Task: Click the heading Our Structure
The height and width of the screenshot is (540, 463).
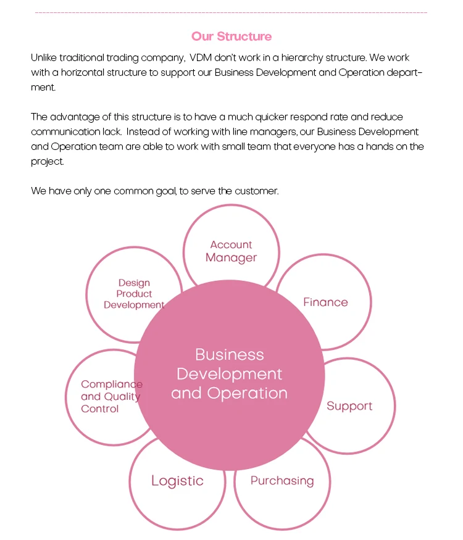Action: coord(231,36)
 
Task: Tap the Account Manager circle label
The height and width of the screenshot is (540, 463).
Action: coord(231,251)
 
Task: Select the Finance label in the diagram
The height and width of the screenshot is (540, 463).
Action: coord(325,302)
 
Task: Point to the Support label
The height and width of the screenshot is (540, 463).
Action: coord(349,406)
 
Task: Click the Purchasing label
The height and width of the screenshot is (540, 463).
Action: coord(282,481)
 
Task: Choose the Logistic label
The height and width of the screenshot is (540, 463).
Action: coord(177,481)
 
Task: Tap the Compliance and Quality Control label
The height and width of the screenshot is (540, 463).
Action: coord(111,396)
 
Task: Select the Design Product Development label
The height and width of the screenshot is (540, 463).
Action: coord(134,294)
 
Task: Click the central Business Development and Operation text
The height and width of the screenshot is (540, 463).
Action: coord(229,374)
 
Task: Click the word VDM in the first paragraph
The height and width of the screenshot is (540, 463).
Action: coord(202,58)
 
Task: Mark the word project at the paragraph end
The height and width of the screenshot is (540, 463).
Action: coord(47,162)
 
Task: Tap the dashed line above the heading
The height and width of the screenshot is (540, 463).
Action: coord(231,12)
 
